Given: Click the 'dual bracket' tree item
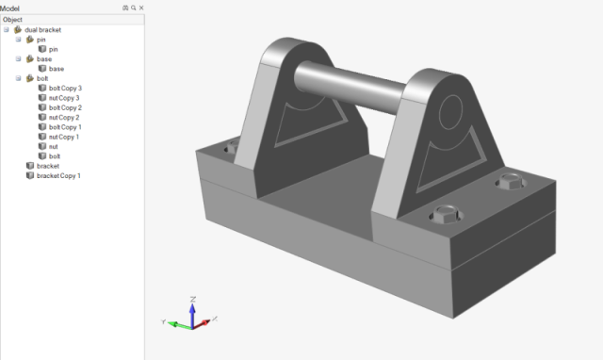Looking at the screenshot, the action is click(42, 29).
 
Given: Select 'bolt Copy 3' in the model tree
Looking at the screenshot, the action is click(65, 88).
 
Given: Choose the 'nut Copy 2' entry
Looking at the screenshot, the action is click(64, 117).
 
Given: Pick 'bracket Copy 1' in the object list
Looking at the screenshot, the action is click(58, 176).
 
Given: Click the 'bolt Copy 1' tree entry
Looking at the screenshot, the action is click(65, 127).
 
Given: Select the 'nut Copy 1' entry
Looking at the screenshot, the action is click(64, 137).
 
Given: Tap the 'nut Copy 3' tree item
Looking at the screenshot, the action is click(64, 98).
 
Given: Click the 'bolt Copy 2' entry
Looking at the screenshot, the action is click(65, 107).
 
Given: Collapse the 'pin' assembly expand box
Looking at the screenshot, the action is click(18, 40).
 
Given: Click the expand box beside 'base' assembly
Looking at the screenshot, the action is click(18, 58).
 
